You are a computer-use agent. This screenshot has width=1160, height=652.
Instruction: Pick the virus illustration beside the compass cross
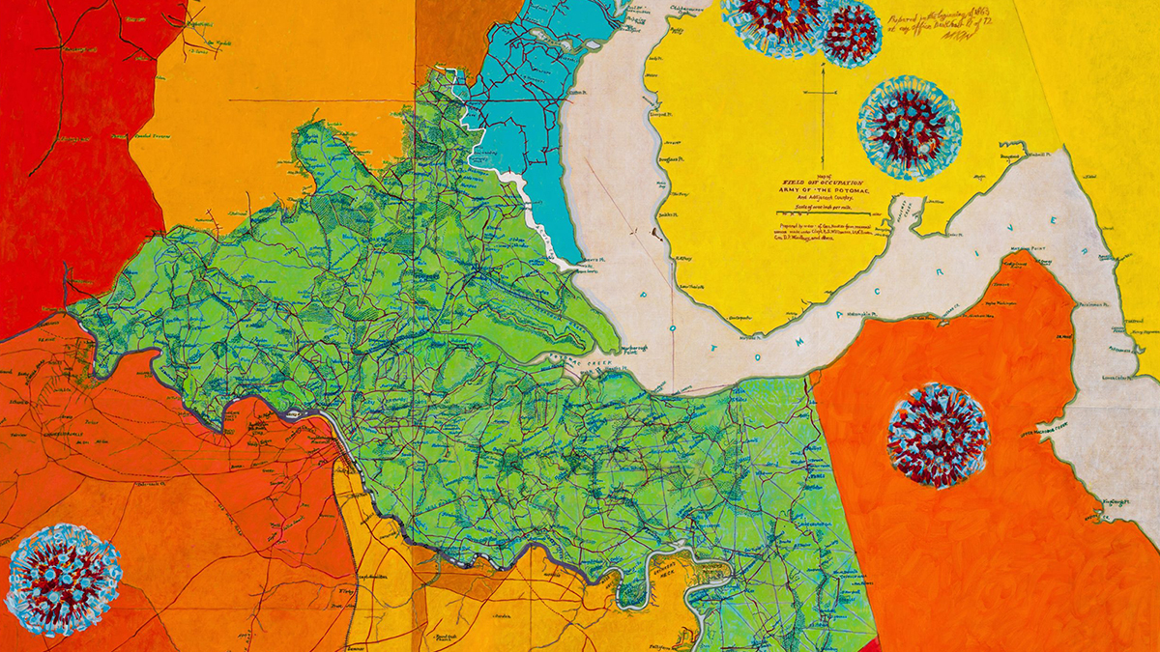(908, 128)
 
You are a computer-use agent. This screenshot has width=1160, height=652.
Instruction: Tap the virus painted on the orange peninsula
(937, 435)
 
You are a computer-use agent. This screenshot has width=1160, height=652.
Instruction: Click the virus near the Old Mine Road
(63, 580)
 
